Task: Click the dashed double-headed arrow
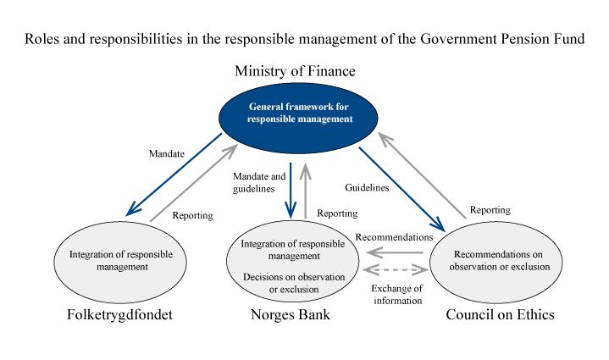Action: point(396,270)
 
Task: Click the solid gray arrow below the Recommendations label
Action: point(397,252)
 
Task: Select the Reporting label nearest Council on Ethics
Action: point(491,209)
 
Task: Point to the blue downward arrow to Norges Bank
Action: point(290,190)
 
